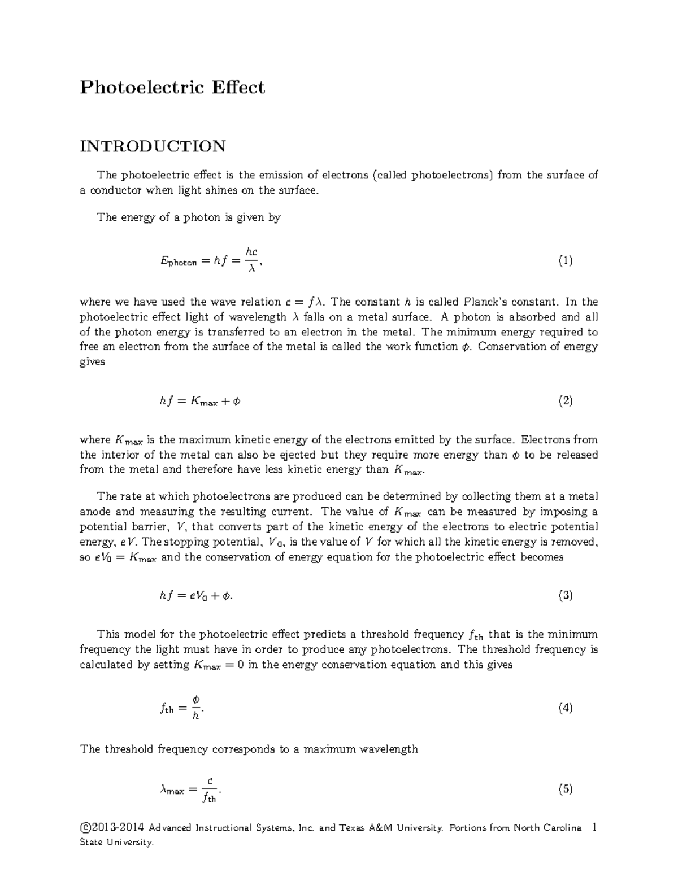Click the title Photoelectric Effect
coord(172,88)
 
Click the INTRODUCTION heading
coord(153,146)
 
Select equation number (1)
coord(565,261)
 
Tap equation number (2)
coord(565,402)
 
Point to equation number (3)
coord(565,595)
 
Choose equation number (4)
coord(565,708)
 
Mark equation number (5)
coord(565,789)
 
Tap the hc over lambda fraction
coord(252,260)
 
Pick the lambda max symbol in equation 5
coord(172,791)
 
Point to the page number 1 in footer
coord(593,828)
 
